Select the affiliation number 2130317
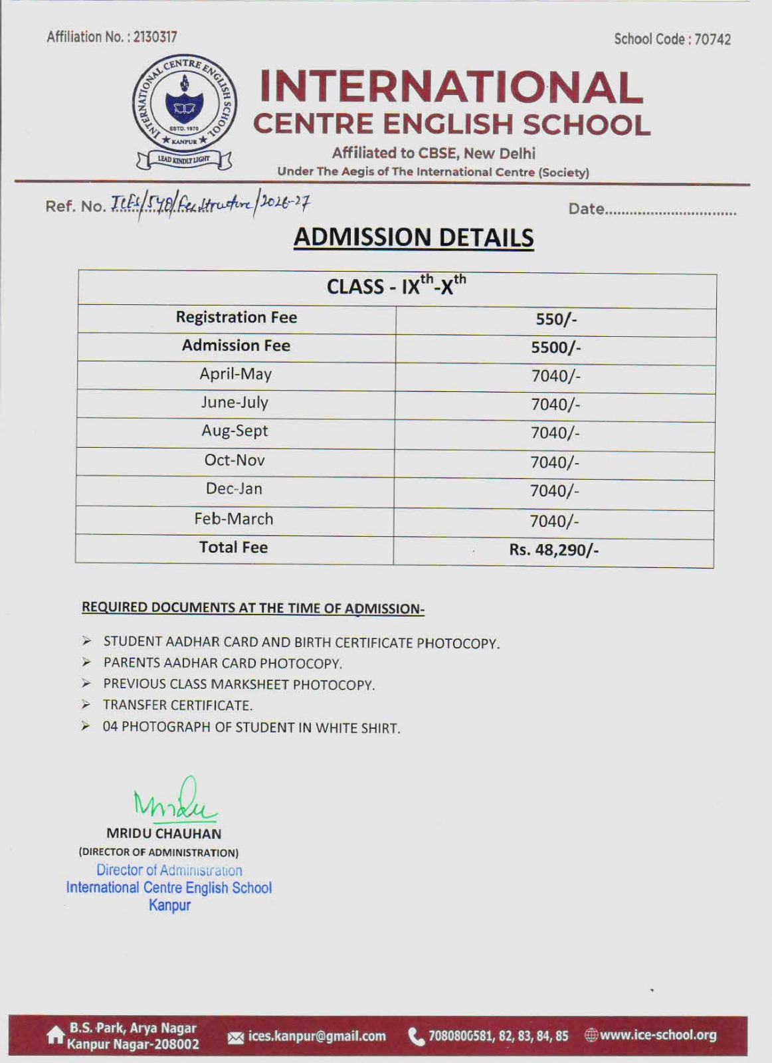[x=155, y=37]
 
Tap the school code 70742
[x=712, y=39]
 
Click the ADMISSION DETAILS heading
[x=413, y=238]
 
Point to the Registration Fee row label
[x=236, y=318]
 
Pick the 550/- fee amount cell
[x=556, y=319]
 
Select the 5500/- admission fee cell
[x=556, y=347]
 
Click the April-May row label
[x=235, y=374]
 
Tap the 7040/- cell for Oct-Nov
[x=555, y=462]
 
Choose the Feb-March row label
[x=234, y=519]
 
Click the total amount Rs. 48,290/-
[x=554, y=550]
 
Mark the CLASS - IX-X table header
[x=397, y=286]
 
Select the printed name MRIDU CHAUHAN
[x=163, y=833]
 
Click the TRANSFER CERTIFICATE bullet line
[x=177, y=706]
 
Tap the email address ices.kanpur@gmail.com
[x=316, y=1036]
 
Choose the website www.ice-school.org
[x=658, y=1035]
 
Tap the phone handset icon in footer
[x=416, y=1036]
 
